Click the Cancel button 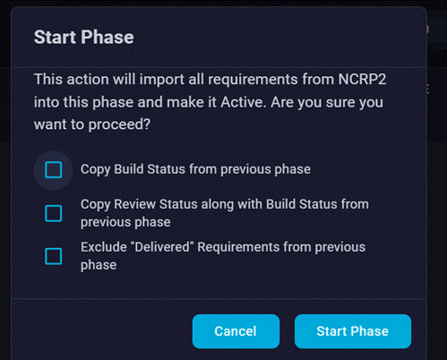(x=236, y=331)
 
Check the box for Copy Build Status (x=54, y=170)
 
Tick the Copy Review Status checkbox (x=54, y=213)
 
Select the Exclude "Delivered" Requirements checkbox (x=54, y=256)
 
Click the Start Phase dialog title (x=83, y=38)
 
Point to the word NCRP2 (x=362, y=80)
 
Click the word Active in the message (x=243, y=102)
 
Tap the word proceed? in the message (x=119, y=124)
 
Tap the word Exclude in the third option (x=104, y=247)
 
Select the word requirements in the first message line (x=253, y=80)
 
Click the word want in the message (x=49, y=124)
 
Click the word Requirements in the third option (x=238, y=247)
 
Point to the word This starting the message (x=48, y=80)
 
